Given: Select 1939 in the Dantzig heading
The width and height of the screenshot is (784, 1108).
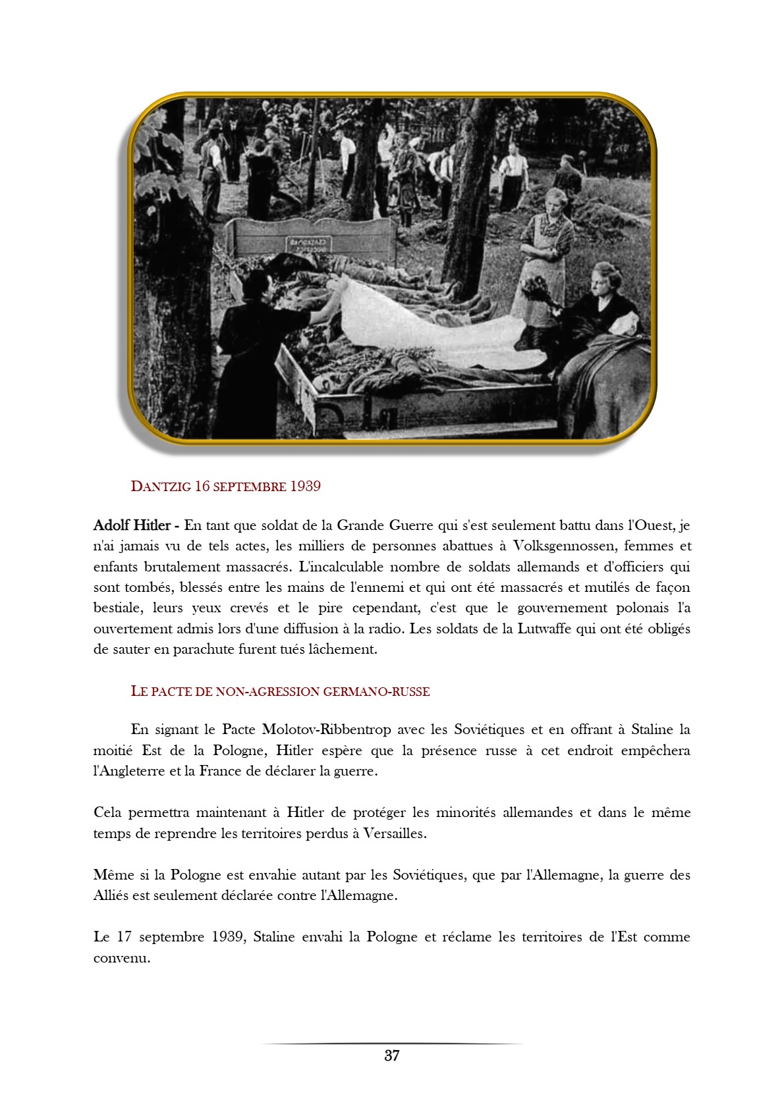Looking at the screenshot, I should pyautogui.click(x=305, y=487).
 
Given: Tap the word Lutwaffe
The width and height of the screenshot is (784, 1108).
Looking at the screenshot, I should pyautogui.click(x=544, y=629).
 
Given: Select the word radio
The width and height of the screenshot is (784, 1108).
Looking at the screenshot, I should pyautogui.click(x=382, y=629).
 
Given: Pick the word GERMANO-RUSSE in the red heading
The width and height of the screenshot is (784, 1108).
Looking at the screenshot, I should pyautogui.click(x=376, y=691).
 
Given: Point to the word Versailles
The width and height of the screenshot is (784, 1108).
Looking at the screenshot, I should pyautogui.click(x=394, y=833).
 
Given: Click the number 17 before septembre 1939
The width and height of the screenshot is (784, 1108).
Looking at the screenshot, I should pyautogui.click(x=125, y=937).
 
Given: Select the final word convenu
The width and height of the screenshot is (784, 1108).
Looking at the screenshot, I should pyautogui.click(x=122, y=958).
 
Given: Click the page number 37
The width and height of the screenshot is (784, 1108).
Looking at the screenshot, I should pyautogui.click(x=392, y=1056).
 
